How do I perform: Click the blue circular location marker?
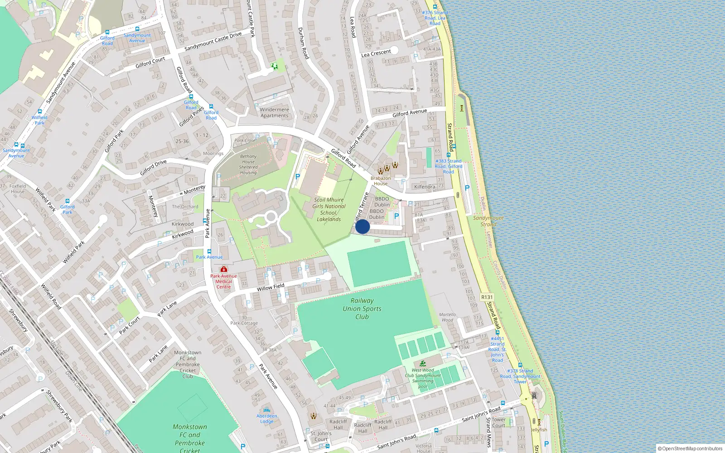[362, 226]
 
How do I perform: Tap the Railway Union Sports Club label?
[362, 308]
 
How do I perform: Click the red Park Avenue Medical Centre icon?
[223, 269]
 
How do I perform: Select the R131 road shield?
[487, 297]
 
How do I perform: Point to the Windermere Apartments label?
[274, 112]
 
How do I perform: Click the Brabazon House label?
[381, 181]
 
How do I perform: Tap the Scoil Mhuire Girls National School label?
[329, 209]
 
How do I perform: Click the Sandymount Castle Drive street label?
[213, 41]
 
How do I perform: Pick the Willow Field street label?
[271, 287]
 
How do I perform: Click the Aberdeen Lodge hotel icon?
[266, 410]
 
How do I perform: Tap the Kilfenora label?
[425, 187]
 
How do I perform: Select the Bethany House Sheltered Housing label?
[248, 164]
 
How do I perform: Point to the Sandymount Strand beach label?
[488, 221]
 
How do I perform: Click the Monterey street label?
[194, 190]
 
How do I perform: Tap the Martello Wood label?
[447, 317]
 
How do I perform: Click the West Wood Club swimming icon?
[423, 363]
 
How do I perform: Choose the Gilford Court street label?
[150, 63]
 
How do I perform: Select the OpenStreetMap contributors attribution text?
[690, 448]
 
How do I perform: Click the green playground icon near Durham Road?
[275, 67]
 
